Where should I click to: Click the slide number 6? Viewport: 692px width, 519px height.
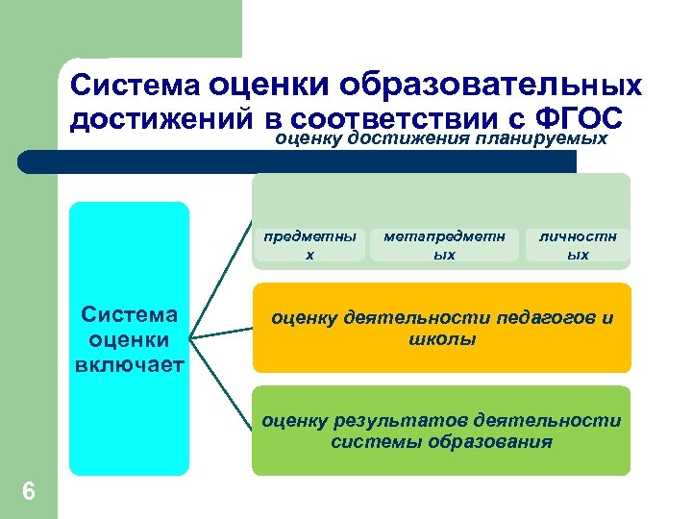tap(29, 492)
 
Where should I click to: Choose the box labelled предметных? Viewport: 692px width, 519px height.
tap(309, 245)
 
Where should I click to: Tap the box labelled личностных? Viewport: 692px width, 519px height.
tap(578, 245)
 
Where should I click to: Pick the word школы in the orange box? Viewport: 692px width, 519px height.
tap(442, 339)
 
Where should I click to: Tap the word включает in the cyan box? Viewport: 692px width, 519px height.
tap(131, 363)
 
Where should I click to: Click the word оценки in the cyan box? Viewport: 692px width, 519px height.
tap(131, 340)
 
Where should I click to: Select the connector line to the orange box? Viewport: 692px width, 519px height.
tap(221, 332)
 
